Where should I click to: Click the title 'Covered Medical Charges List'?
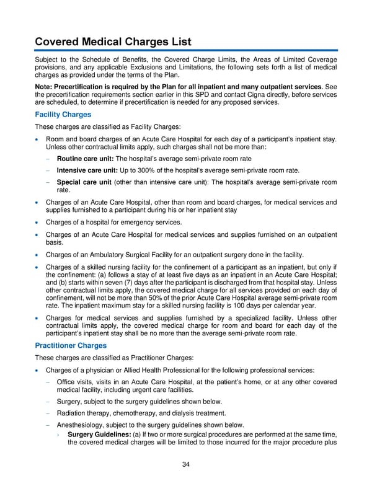point(113,42)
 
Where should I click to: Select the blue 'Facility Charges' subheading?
point(63,115)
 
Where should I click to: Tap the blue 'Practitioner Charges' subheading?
point(71,345)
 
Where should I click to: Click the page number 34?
point(185,465)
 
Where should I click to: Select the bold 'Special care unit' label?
point(84,182)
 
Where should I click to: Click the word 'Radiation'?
point(72,413)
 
